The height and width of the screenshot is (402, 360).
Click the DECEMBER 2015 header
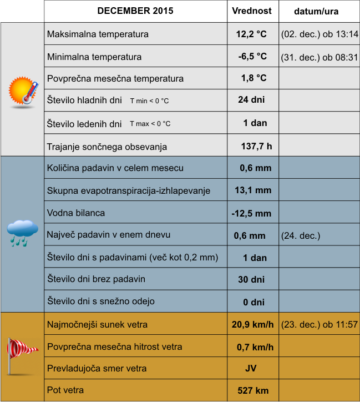point(135,11)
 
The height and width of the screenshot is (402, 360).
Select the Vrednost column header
point(251,11)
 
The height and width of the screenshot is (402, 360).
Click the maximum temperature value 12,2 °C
point(251,34)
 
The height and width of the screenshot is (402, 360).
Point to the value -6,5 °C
point(252,57)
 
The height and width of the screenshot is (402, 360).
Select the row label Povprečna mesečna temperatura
point(115,78)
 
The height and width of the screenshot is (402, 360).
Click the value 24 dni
point(251,100)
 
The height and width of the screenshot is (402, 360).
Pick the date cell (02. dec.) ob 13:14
point(320,34)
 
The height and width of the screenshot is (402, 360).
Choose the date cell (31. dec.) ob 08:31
point(320,57)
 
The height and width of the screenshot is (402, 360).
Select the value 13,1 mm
point(253,190)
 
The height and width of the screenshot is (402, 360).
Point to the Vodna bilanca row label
point(76,213)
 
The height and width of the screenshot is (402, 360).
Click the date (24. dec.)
point(301,235)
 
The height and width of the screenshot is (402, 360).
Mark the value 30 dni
point(251,279)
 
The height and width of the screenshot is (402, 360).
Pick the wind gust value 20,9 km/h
point(253,325)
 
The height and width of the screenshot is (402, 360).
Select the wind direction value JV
point(251,369)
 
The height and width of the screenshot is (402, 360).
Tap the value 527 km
point(253,391)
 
